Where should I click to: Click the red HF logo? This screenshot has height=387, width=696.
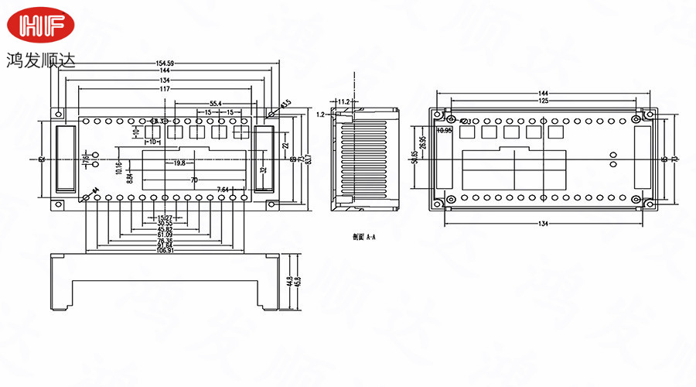(x=43, y=27)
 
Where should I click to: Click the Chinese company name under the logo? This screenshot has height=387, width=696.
(x=42, y=60)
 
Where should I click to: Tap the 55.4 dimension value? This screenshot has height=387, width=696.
(x=215, y=103)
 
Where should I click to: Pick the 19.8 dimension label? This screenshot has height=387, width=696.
(x=179, y=163)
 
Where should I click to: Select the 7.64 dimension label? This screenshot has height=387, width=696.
(x=223, y=190)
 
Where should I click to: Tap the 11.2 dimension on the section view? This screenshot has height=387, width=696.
(x=344, y=101)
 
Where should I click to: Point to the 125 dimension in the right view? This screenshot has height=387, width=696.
(x=544, y=101)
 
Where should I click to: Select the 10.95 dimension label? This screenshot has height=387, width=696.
(x=444, y=131)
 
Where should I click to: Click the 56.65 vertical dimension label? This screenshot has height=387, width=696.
(x=415, y=156)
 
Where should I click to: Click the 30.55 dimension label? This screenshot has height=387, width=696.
(x=164, y=223)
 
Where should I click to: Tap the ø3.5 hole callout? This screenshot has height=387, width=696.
(x=285, y=103)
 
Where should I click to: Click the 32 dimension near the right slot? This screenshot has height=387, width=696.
(x=263, y=170)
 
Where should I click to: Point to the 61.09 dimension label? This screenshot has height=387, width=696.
(x=165, y=235)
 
